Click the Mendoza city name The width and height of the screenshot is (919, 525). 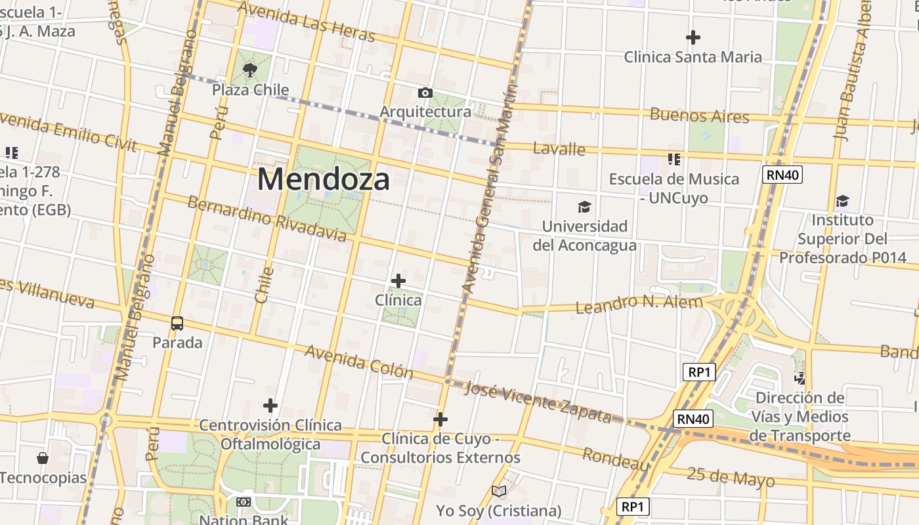324,179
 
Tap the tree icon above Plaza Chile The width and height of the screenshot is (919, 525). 249,70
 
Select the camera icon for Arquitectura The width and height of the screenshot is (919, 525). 425,93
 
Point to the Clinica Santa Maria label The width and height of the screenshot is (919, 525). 693,57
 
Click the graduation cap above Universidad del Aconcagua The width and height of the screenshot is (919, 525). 584,208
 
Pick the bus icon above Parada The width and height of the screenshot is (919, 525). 177,323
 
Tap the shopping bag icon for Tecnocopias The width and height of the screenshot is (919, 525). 43,457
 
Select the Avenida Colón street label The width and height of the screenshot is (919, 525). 358,361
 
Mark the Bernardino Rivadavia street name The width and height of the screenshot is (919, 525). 267,217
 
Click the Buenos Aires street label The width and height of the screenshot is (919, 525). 699,116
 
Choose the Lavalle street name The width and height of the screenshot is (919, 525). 559,149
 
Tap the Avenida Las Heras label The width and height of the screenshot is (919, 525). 306,21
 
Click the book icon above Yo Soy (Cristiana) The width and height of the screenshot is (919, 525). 499,491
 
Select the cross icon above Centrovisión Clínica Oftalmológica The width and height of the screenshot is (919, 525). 270,406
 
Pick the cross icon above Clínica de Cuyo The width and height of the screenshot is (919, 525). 440,419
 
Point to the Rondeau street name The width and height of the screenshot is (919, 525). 616,459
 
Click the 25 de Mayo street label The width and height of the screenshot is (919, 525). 731,477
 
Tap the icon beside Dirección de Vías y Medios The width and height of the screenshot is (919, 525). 800,378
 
